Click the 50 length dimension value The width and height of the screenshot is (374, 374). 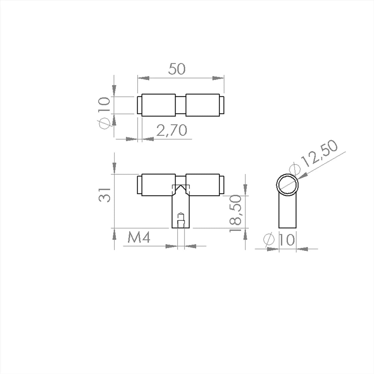pyautogui.click(x=177, y=69)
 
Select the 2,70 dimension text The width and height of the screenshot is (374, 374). pyautogui.click(x=171, y=130)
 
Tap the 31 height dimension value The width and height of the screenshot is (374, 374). pyautogui.click(x=105, y=195)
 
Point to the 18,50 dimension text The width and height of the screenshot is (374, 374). pyautogui.click(x=235, y=213)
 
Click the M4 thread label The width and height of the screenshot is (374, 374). pyautogui.click(x=139, y=238)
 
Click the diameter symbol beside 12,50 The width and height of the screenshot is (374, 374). pyautogui.click(x=295, y=169)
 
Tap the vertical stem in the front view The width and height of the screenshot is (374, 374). pyautogui.click(x=181, y=212)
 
